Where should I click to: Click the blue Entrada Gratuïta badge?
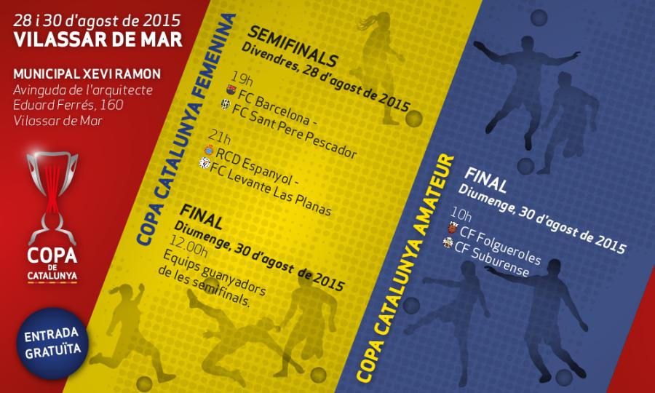pos(52,344)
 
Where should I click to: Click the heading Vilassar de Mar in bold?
pos(98,39)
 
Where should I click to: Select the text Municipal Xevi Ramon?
pos(87,74)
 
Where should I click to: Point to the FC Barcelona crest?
pos(231,90)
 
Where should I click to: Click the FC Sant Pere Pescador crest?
pos(226,104)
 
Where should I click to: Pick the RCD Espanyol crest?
pos(209,149)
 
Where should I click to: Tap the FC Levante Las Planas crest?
pos(204,163)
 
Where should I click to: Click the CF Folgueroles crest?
pos(453,228)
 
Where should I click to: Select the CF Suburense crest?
pos(448,242)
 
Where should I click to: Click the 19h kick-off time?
pos(242,78)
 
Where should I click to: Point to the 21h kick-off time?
pos(220,138)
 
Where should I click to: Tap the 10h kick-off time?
pos(461,215)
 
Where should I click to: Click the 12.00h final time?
pos(188,245)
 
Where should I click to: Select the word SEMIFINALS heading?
pos(293,46)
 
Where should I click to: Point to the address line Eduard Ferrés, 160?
pos(68,105)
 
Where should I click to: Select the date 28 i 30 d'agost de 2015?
pos(98,20)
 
